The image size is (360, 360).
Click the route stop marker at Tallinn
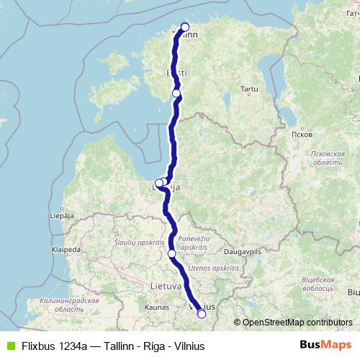pyautogui.click(x=185, y=27)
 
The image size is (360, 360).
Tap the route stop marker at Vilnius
pyautogui.click(x=202, y=313)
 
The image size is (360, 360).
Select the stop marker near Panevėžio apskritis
pyautogui.click(x=171, y=253)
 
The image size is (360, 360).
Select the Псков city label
pyautogui.click(x=297, y=135)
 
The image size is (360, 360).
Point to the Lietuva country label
pyautogui.click(x=166, y=286)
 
